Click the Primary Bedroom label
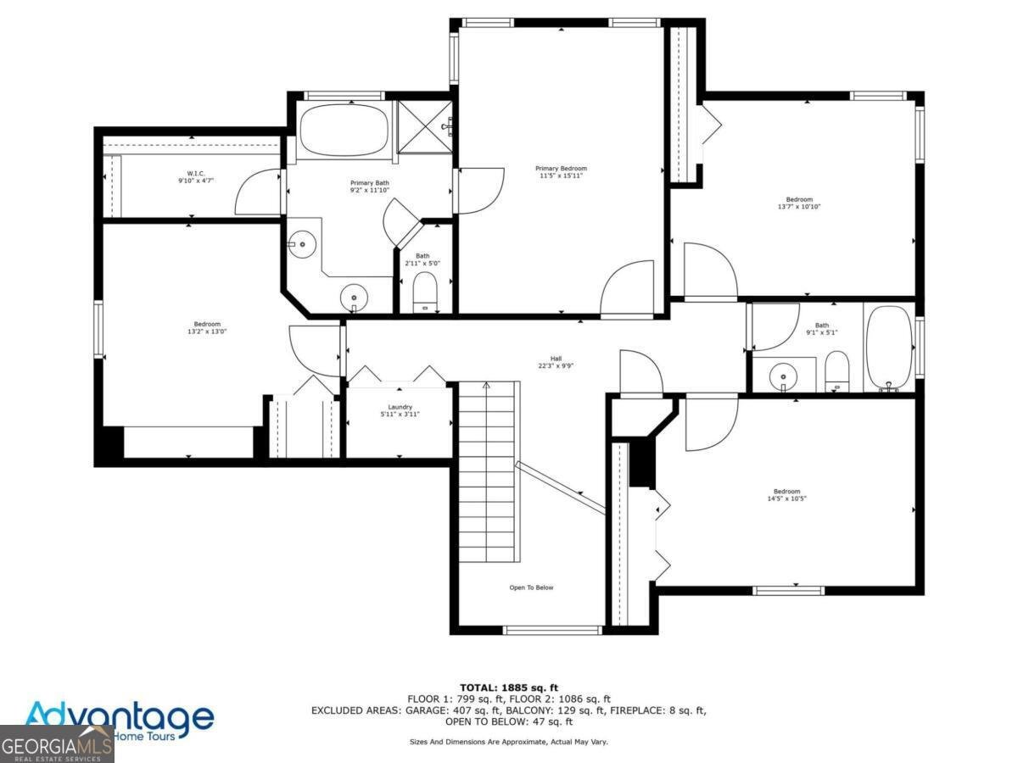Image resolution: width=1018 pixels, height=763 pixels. pos(561,168)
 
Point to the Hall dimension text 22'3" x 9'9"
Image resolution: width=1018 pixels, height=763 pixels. pos(556,367)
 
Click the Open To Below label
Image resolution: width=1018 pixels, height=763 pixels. pos(532,588)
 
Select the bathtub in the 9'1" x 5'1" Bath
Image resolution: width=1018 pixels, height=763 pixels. pos(888,348)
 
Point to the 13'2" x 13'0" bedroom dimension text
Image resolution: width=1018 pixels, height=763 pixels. pos(207,331)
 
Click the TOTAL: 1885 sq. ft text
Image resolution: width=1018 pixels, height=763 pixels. pos(509,688)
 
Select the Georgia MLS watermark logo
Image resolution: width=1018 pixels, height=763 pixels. pos(56,746)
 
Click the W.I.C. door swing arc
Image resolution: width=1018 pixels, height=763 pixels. pos(257,191)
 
